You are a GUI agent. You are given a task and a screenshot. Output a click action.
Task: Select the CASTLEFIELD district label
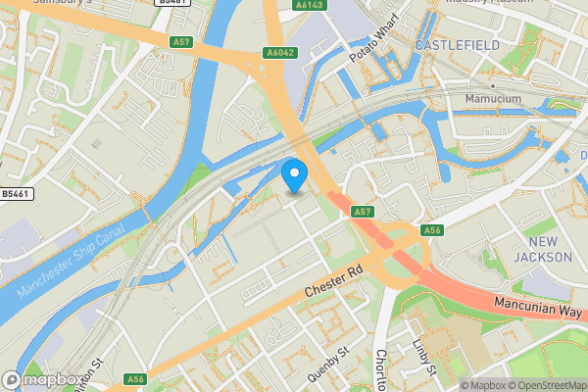[457, 45]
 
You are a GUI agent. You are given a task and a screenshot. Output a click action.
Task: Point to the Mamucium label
[493, 99]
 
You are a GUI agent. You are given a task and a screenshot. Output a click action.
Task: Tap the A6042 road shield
[279, 53]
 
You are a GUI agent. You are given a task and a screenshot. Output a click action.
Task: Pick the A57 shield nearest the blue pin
[363, 211]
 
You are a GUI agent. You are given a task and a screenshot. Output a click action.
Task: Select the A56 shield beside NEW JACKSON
[432, 230]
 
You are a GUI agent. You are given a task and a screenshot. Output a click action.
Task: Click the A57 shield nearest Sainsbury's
[180, 41]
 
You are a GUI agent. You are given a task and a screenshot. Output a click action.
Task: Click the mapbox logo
[41, 379]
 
